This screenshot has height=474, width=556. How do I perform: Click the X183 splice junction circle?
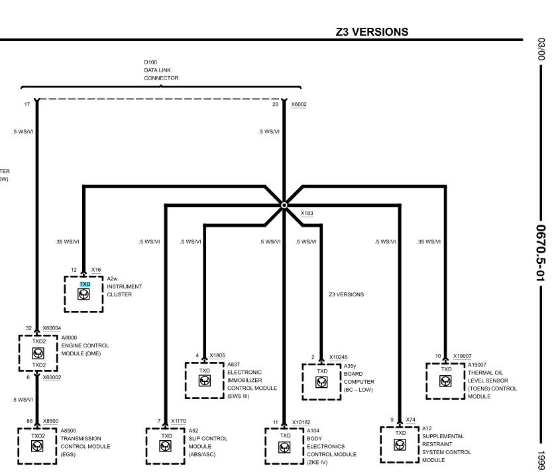click(284, 205)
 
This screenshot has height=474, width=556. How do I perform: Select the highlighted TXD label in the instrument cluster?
click(85, 284)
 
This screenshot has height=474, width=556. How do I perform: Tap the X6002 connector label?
click(299, 104)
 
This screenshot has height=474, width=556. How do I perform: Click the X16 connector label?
click(96, 270)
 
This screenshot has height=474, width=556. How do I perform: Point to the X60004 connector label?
click(52, 328)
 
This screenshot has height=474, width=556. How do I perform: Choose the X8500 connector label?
click(51, 421)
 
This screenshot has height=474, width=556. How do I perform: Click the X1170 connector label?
click(178, 421)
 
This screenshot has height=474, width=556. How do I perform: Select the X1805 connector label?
click(217, 355)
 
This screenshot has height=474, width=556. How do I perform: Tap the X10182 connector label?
click(301, 422)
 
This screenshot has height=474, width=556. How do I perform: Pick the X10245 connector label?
click(338, 357)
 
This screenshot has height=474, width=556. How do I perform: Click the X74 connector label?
click(411, 420)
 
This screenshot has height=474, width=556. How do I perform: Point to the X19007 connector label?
click(463, 356)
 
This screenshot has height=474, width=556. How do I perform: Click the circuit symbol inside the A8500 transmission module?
click(37, 446)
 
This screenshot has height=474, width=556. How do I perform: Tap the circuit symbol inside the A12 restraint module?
click(400, 445)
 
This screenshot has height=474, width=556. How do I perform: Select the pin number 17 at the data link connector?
click(27, 104)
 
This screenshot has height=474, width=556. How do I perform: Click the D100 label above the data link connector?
click(150, 62)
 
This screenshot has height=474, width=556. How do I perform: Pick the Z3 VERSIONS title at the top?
click(372, 32)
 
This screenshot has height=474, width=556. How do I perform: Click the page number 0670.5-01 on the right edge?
click(541, 253)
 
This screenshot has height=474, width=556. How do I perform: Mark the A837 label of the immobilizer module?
click(234, 365)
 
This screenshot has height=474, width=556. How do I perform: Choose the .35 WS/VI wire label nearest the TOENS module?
click(429, 242)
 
